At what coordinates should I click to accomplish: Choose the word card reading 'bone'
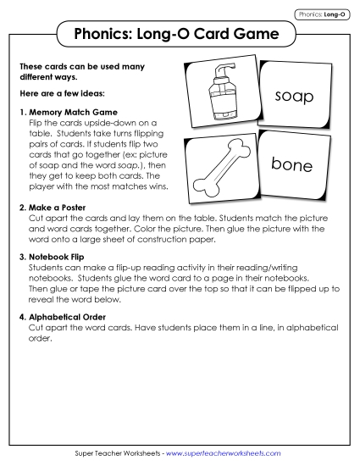pyautogui.click(x=291, y=164)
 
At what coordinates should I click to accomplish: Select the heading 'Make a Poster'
pyautogui.click(x=61, y=207)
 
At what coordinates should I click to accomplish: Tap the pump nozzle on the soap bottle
pyautogui.click(x=215, y=68)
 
